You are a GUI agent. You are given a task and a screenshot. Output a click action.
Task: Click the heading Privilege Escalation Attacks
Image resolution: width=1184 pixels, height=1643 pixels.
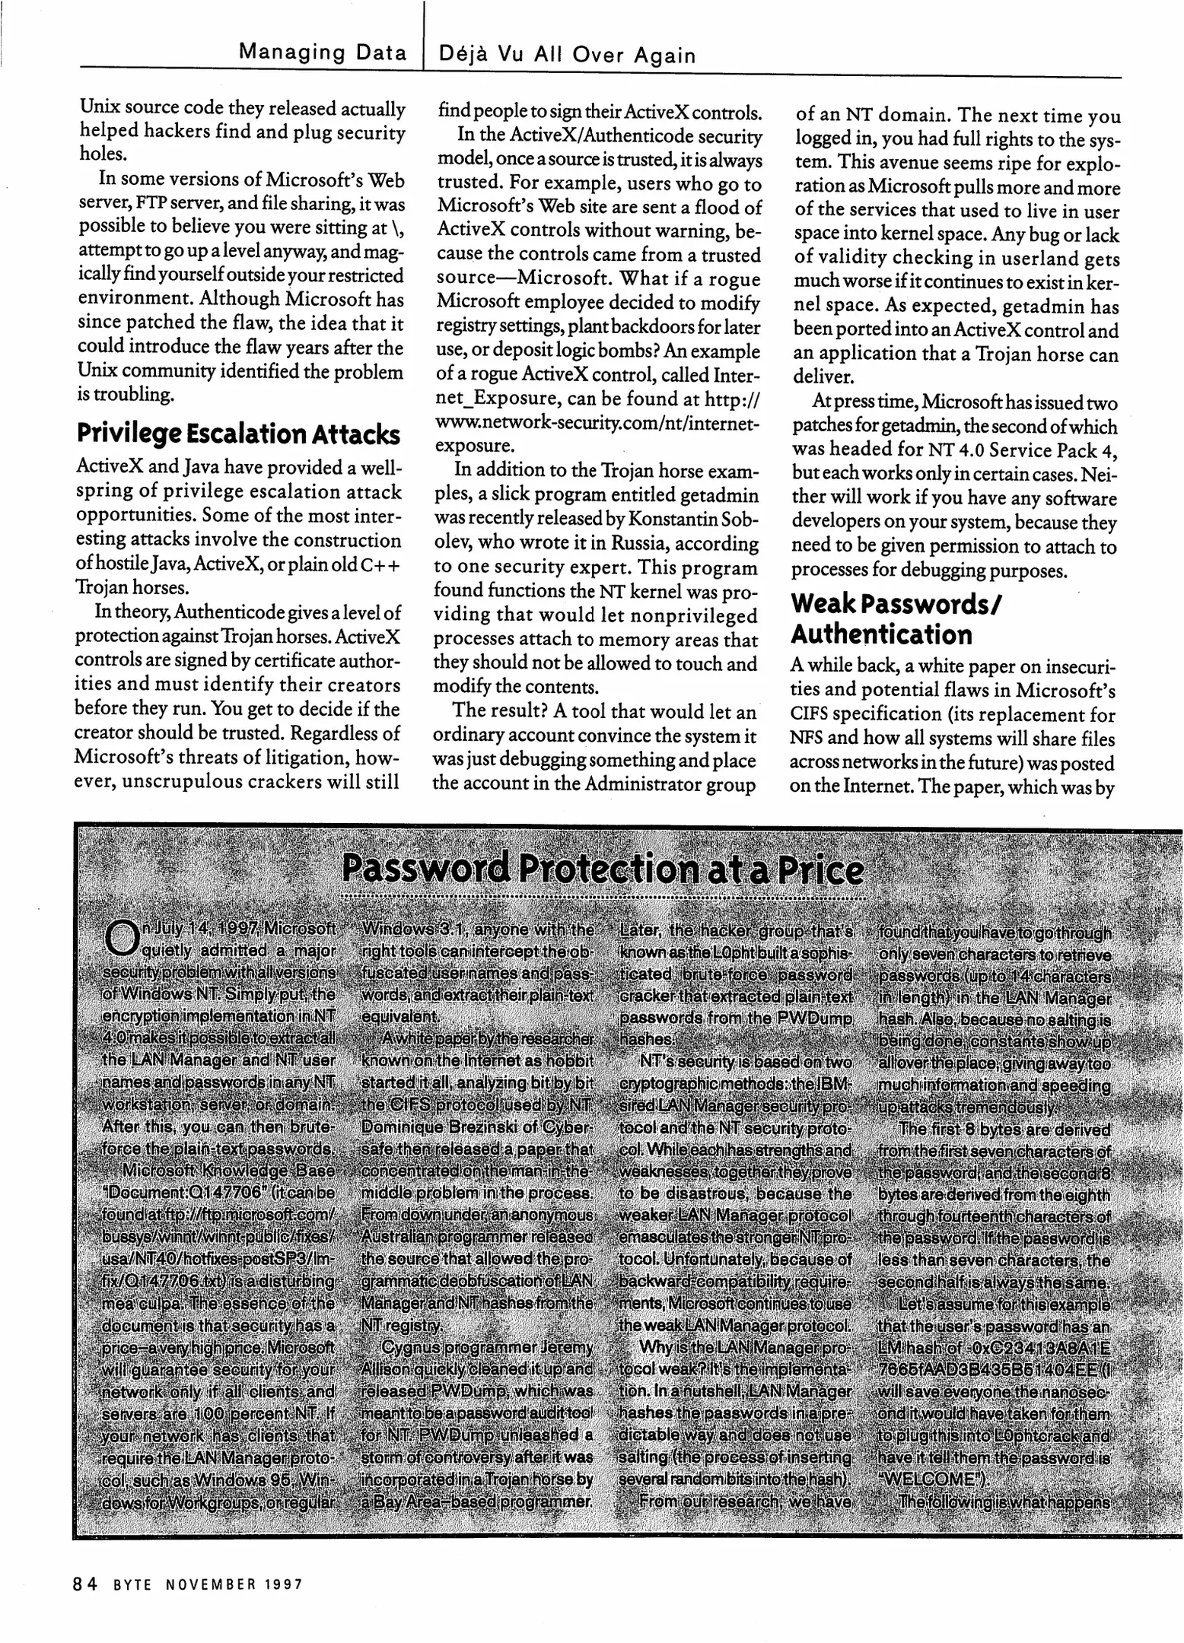[x=238, y=434]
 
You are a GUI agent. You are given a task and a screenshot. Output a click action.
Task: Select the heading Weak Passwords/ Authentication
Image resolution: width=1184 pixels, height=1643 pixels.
[x=896, y=618]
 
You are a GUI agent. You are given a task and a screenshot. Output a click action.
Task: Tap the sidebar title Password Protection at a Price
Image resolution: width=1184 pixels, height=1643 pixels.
[x=602, y=869]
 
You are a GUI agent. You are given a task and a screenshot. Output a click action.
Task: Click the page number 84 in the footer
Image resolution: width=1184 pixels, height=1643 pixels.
[x=85, y=1584]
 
